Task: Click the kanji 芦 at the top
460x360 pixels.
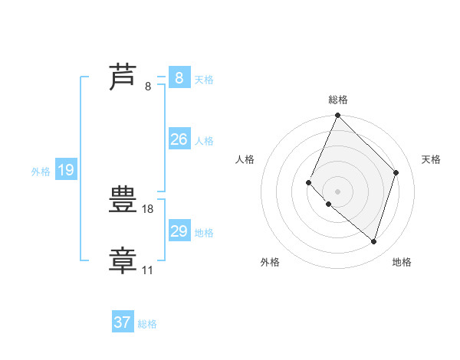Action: pos(123,77)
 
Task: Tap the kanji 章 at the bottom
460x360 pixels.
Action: pos(123,260)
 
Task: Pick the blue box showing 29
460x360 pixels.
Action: pos(179,231)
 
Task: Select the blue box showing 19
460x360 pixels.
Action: pos(65,170)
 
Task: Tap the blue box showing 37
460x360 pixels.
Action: pos(123,322)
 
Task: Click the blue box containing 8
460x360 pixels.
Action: pos(179,77)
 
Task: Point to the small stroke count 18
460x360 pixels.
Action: pos(149,208)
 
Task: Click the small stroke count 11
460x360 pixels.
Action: pos(147,270)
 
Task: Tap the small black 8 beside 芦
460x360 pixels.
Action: pos(148,87)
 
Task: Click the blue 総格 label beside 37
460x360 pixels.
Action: pos(147,324)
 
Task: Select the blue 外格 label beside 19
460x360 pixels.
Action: pos(41,172)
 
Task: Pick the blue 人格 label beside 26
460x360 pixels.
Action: pos(204,141)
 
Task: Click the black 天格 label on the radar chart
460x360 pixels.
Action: pos(431,159)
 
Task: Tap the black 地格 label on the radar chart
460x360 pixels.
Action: pos(402,262)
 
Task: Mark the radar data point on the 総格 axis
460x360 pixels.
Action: pos(337,116)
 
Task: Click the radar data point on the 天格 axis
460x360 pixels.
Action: pos(396,172)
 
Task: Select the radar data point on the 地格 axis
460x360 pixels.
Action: pos(374,242)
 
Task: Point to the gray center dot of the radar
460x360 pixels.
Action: pos(337,191)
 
